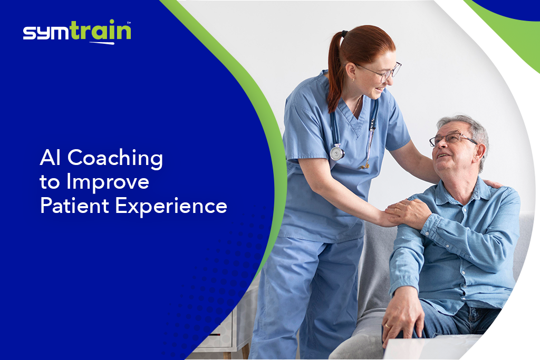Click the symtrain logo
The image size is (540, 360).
point(77,32)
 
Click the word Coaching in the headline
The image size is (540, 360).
point(115,158)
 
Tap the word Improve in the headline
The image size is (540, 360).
point(108,182)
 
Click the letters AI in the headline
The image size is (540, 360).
point(50,157)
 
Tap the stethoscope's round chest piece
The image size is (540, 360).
point(337,153)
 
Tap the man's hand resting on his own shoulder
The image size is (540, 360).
point(409,213)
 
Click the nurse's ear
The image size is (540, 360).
point(351,72)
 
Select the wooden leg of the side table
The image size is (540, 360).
point(245,352)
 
